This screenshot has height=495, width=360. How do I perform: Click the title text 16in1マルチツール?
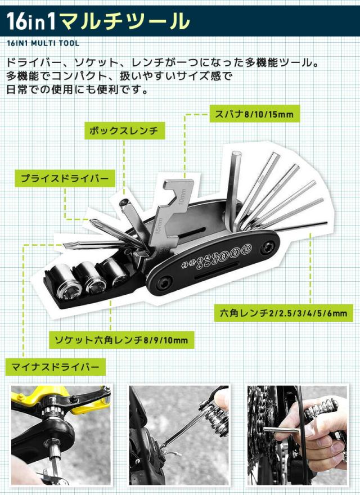click(98, 21)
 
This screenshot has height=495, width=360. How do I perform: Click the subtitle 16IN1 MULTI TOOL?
click(43, 43)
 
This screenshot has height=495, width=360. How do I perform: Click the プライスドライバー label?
click(64, 179)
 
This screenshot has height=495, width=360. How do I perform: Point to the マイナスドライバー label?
click(55, 367)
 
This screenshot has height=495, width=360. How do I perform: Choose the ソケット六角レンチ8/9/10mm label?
click(121, 340)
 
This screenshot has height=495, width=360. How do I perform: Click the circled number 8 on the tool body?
click(224, 256)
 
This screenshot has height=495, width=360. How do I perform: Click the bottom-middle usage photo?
click(179, 435)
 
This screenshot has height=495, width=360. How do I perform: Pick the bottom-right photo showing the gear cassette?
click(298, 435)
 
